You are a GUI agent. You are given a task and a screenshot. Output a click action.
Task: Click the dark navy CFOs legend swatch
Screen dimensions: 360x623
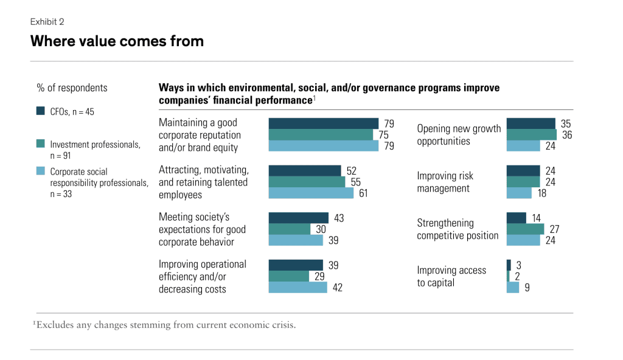(41, 111)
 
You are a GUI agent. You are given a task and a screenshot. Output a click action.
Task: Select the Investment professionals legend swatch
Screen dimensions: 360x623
(41, 144)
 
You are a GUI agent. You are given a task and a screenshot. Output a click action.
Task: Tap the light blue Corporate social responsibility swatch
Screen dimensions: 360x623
(41, 171)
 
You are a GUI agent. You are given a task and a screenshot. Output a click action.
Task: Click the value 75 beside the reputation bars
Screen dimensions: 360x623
(383, 135)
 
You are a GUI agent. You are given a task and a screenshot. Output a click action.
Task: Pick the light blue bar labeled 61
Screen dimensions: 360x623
(311, 193)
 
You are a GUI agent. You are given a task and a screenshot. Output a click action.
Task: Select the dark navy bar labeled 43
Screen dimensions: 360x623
(298, 217)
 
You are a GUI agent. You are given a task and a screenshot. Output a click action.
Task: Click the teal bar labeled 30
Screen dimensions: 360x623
(289, 229)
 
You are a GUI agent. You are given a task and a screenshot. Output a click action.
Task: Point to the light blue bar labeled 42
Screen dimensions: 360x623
(298, 287)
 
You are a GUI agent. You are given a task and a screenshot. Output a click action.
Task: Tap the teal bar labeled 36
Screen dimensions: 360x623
(531, 134)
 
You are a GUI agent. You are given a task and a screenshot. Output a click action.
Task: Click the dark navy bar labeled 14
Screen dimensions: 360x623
(516, 217)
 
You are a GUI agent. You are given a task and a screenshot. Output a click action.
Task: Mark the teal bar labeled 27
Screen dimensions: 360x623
(525, 229)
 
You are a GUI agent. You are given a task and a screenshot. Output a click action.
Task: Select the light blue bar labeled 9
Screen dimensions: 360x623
(512, 287)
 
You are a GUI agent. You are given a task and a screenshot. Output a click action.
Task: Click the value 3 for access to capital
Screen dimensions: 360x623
(518, 265)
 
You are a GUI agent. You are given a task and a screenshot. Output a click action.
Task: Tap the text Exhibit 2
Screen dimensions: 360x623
(47, 22)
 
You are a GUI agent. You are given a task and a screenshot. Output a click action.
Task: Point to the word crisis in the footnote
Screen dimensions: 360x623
(284, 325)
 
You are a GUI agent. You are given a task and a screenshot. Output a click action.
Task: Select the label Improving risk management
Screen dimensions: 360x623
(445, 182)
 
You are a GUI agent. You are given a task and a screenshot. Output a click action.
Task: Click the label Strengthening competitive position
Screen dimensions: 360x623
(458, 229)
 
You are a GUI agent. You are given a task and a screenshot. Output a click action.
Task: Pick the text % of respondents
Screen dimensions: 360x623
(72, 88)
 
